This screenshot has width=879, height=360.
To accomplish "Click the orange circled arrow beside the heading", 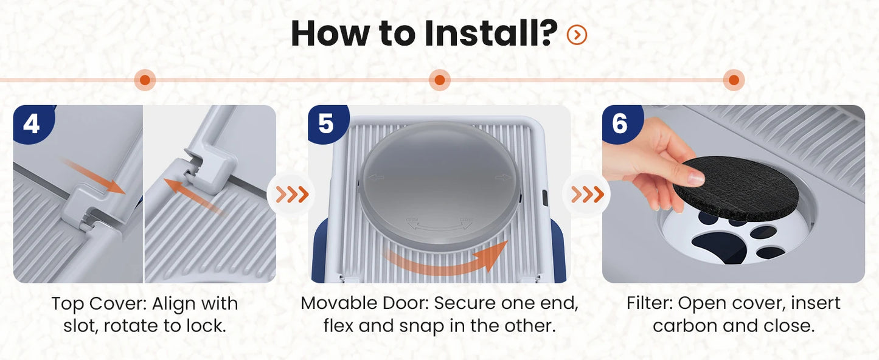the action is [x=577, y=35].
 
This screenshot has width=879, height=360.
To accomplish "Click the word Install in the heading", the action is [x=491, y=33].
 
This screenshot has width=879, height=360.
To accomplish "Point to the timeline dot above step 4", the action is [x=145, y=80].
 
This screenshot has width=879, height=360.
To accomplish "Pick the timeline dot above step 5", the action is [x=439, y=80].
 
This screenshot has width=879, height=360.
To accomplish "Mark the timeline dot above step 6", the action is [x=734, y=80].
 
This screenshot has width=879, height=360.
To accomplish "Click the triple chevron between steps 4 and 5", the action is [x=292, y=194].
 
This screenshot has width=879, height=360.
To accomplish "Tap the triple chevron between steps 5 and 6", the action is [x=587, y=194].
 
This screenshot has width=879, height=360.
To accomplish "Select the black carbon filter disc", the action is [x=736, y=188].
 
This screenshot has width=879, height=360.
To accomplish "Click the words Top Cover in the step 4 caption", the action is [x=99, y=304].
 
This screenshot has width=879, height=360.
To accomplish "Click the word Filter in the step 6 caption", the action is [x=649, y=303].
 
